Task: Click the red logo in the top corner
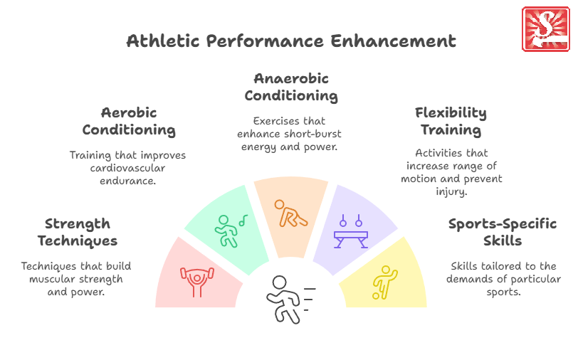[x=545, y=28]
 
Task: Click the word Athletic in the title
[x=163, y=41]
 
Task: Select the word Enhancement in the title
[x=394, y=41]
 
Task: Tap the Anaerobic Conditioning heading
[x=291, y=87]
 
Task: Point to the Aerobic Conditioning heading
[x=129, y=121]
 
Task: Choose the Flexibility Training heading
[x=451, y=121]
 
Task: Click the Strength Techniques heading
[x=78, y=232]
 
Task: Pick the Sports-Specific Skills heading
[x=503, y=232]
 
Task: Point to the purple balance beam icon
[x=350, y=232]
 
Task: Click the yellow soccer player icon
[x=385, y=282]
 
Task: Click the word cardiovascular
[x=127, y=168]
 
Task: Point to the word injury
[x=451, y=191]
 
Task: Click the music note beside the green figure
[x=243, y=221]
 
